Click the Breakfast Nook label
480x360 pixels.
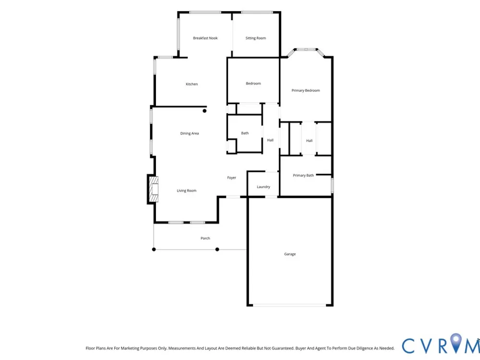tap(205, 38)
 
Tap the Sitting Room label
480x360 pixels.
tap(256, 38)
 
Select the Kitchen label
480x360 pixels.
tap(192, 84)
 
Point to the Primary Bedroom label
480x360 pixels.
tap(305, 90)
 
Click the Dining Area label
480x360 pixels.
tap(190, 133)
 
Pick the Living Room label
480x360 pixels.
tap(186, 191)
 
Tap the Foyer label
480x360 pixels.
tap(232, 178)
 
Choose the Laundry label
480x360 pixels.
tap(263, 187)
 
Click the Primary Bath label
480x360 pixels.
tap(303, 175)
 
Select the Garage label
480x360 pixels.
tap(290, 254)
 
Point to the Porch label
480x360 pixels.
tap(205, 238)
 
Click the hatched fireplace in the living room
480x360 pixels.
tap(154, 189)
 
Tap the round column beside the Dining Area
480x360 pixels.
tap(204, 111)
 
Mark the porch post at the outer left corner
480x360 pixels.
tap(154, 250)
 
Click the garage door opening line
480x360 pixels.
tap(289, 305)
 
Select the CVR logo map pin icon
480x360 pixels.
tap(456, 343)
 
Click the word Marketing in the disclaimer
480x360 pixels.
tap(130, 348)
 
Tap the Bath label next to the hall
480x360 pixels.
tap(245, 133)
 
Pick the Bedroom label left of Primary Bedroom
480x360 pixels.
tap(253, 83)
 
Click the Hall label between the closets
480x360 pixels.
tap(309, 141)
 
